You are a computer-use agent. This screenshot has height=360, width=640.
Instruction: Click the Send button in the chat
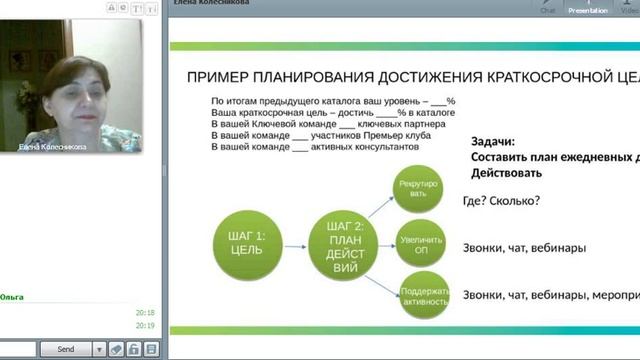[x=65, y=349]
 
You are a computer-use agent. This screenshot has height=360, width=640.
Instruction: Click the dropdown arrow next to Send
[x=99, y=349]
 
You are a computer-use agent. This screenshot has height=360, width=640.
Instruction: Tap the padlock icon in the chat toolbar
[x=133, y=349]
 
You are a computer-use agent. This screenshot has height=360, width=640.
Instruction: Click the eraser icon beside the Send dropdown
[x=116, y=349]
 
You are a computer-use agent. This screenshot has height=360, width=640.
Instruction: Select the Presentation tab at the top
[x=588, y=8]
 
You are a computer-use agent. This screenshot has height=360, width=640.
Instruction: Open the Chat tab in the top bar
[x=548, y=8]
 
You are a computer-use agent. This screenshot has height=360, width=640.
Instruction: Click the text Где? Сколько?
[x=502, y=200]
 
